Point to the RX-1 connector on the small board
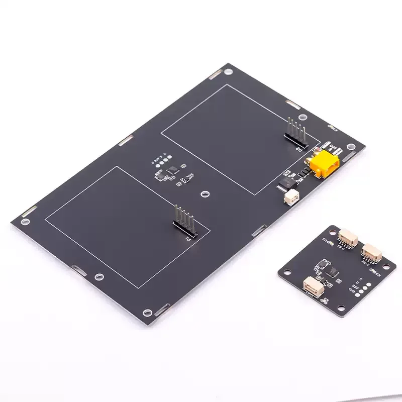tap(348, 237)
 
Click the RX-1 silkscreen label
tap(341, 247)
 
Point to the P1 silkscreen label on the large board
tap(189, 239)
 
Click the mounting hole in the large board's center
tap(205, 193)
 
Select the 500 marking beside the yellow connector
tap(333, 149)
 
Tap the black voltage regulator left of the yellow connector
tap(287, 180)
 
